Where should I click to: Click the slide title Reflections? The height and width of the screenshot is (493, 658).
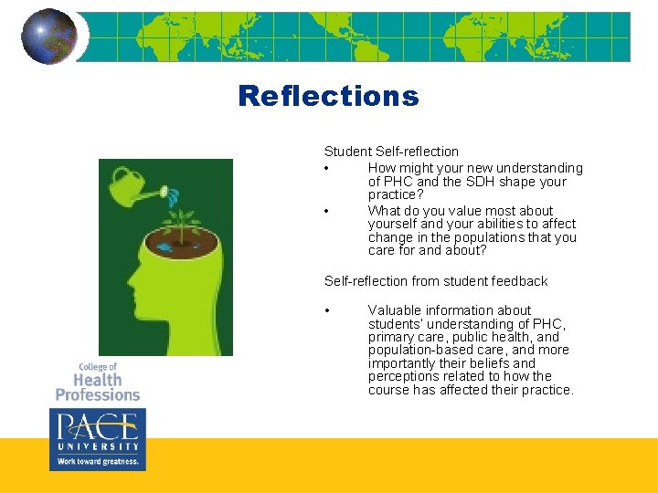coord(328,96)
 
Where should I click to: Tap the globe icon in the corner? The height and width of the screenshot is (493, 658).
coord(48,37)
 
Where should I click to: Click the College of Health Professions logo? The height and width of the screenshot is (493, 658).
coord(97,383)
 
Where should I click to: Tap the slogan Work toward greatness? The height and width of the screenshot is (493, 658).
coord(96,462)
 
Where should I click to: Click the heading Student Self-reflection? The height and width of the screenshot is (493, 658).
coord(391,152)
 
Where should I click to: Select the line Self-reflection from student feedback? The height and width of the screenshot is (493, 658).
coord(436,281)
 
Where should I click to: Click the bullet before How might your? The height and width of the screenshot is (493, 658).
coord(326,169)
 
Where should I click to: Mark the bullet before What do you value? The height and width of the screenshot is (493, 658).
coord(326,211)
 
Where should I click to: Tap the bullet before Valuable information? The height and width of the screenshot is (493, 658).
coord(326,311)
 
